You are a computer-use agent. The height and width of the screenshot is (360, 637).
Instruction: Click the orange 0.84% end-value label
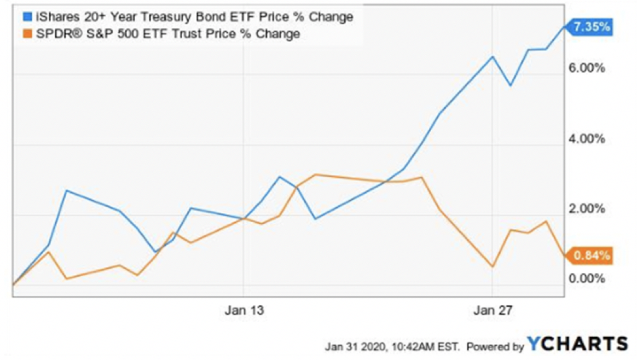[x=592, y=255]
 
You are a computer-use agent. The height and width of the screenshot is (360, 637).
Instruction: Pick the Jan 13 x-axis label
[x=244, y=311]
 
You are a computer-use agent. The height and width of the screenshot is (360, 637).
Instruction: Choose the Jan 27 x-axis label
[x=493, y=311]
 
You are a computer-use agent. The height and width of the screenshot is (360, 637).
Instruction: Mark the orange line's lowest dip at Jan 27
[x=493, y=266]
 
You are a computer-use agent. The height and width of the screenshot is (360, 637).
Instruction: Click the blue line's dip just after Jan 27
[x=510, y=85]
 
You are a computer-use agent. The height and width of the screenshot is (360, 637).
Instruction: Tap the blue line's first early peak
[x=66, y=190]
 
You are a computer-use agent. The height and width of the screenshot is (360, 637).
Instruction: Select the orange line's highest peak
[x=315, y=175]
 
